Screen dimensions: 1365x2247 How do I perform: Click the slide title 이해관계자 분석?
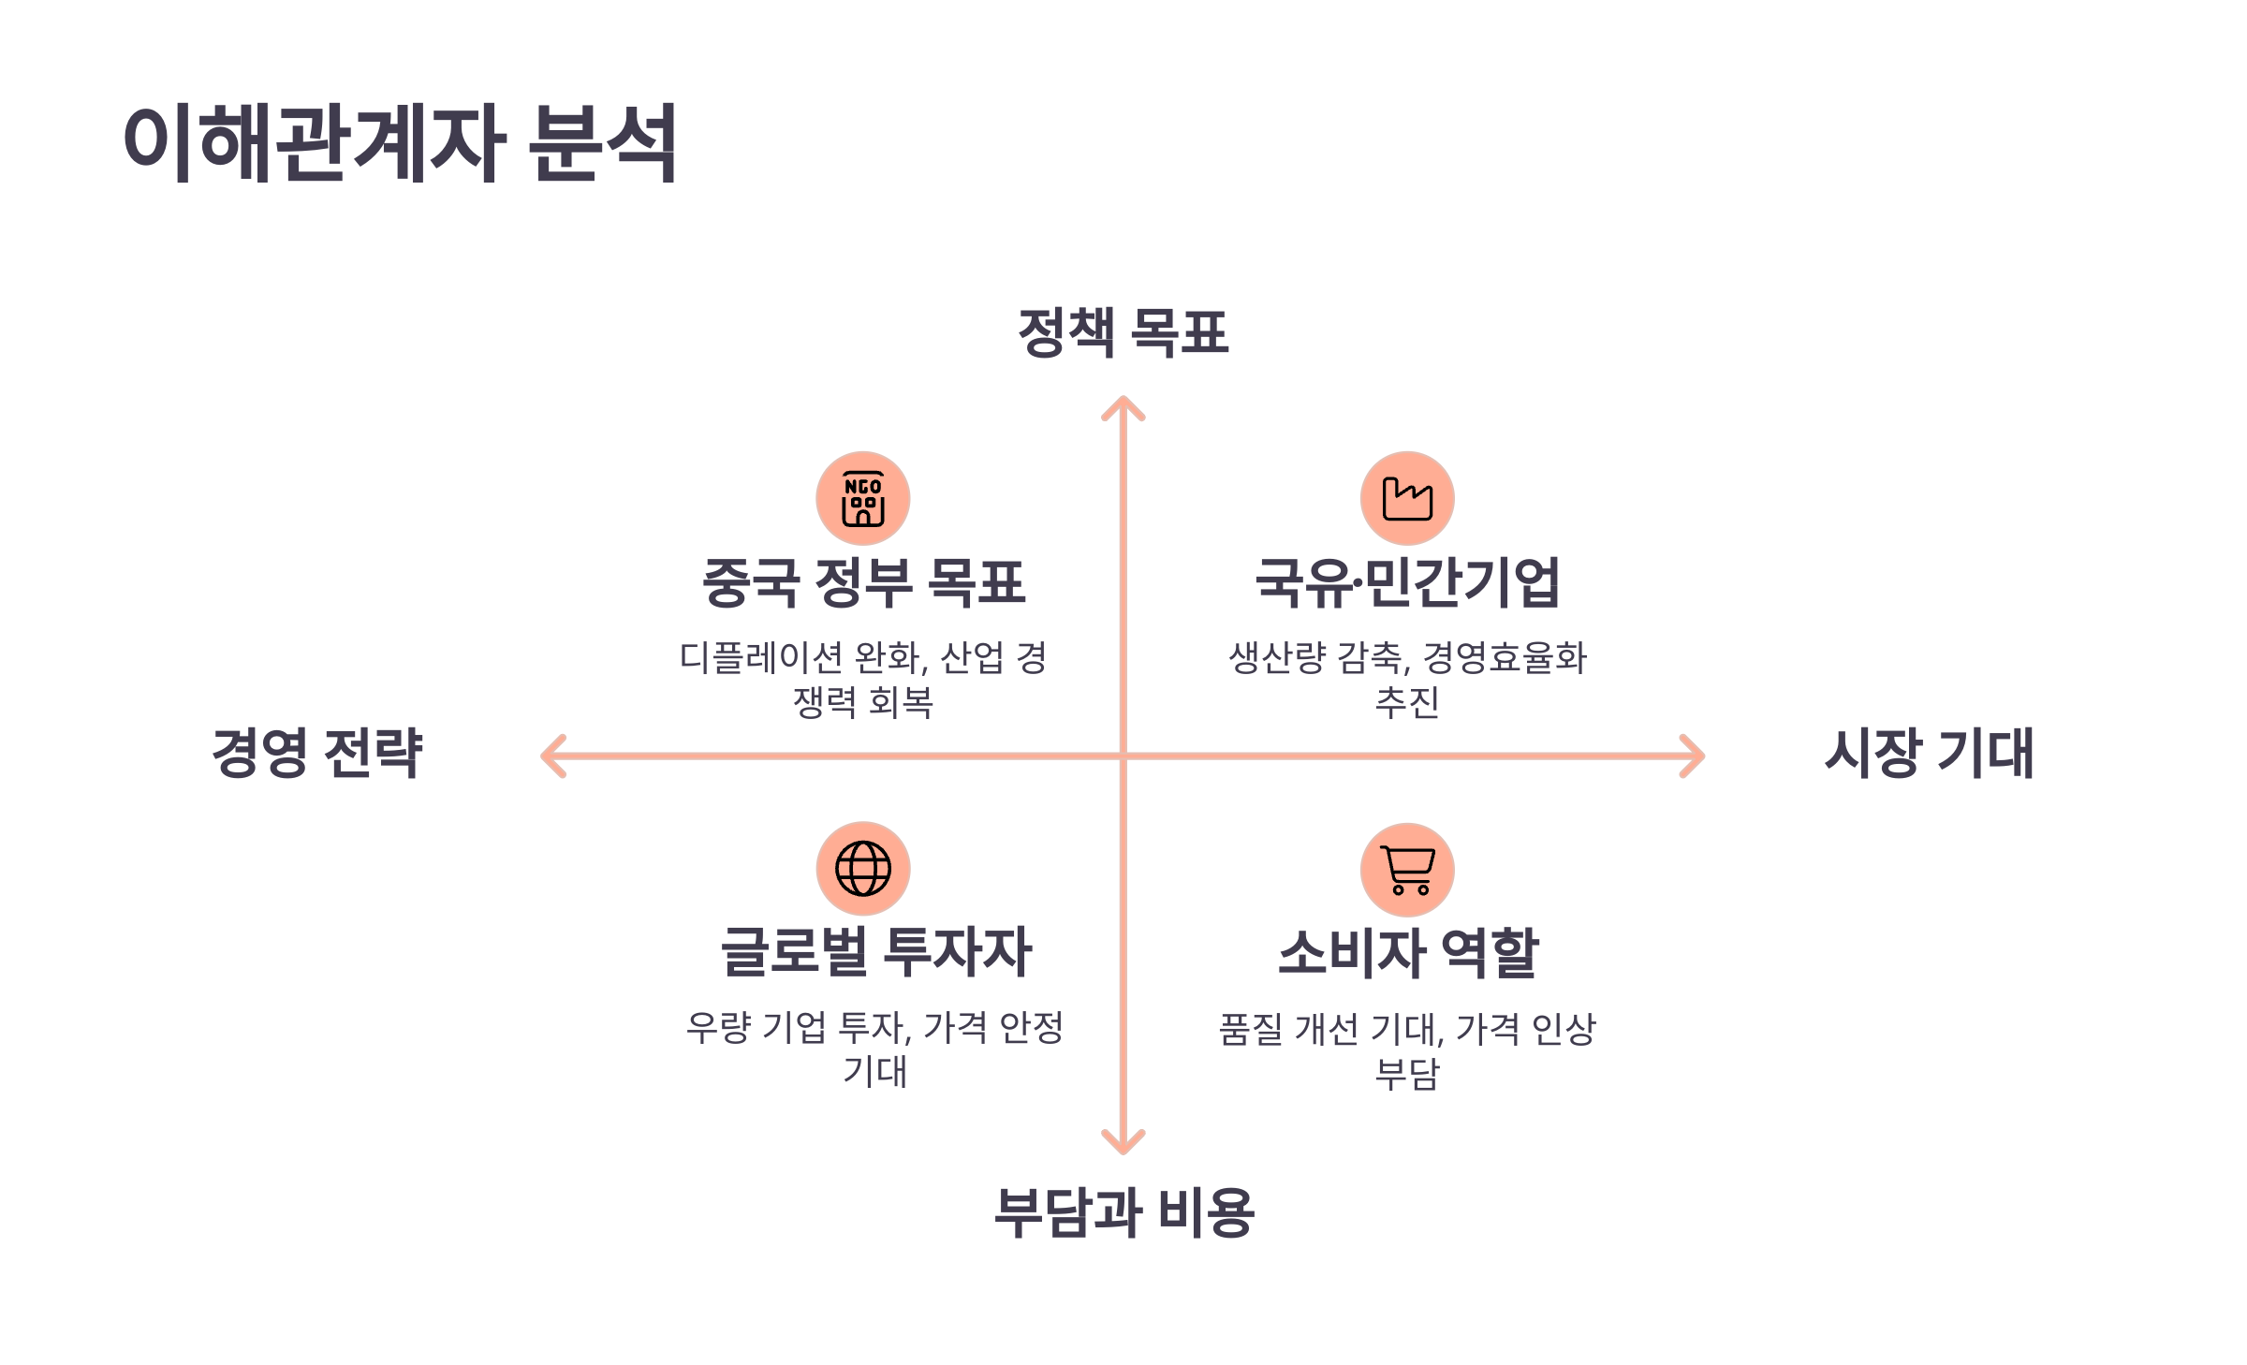pos(400,142)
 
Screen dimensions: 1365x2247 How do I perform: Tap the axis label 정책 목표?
pos(1123,332)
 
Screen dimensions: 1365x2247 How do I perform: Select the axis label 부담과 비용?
pos(1123,1212)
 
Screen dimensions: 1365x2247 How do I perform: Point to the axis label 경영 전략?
pos(317,753)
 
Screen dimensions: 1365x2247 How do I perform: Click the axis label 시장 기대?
pos(1930,753)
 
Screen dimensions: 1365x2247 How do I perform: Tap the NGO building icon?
pos(863,498)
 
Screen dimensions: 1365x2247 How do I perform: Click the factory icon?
pos(1407,498)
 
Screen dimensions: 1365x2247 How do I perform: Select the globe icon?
pos(863,869)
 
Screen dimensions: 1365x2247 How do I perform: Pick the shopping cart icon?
pos(1407,870)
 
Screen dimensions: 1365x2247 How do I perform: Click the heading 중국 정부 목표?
pos(863,581)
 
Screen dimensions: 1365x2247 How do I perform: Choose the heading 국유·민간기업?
pos(1407,581)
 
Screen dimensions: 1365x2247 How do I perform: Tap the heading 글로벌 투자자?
pos(875,952)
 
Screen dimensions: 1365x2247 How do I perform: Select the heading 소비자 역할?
pos(1408,953)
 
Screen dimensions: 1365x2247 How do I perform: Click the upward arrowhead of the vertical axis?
pos(1123,404)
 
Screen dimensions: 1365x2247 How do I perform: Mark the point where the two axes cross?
pos(1123,756)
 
